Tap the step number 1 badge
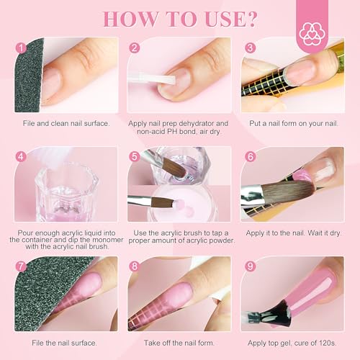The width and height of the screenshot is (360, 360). (x=21, y=48)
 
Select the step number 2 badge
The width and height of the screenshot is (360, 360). (x=134, y=48)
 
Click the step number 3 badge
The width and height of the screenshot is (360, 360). (x=250, y=48)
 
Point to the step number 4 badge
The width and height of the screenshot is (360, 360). (x=21, y=156)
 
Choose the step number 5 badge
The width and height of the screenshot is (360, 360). (x=134, y=156)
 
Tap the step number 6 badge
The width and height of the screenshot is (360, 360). (x=250, y=156)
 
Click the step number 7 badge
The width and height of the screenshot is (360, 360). (x=21, y=266)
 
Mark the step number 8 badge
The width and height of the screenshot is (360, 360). (x=134, y=266)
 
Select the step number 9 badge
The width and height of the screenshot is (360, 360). (x=250, y=266)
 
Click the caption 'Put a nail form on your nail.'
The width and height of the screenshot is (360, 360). (x=293, y=123)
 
